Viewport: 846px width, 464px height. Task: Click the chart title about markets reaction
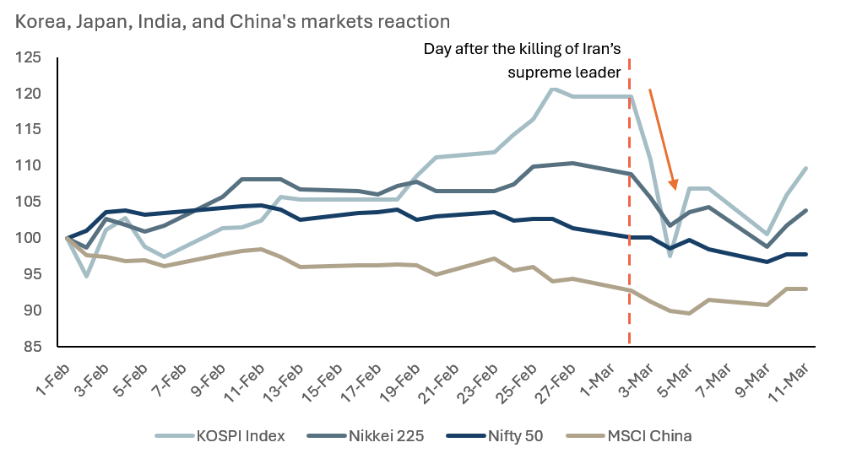(232, 19)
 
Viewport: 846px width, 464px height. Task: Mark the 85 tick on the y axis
(33, 346)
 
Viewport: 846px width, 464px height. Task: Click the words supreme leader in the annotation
(564, 72)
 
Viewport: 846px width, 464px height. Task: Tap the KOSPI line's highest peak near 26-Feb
(553, 89)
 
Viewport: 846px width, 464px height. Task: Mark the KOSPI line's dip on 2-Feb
(87, 275)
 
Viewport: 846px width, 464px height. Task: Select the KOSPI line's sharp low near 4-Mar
(670, 256)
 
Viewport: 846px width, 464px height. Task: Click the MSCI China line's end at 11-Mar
(806, 289)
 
